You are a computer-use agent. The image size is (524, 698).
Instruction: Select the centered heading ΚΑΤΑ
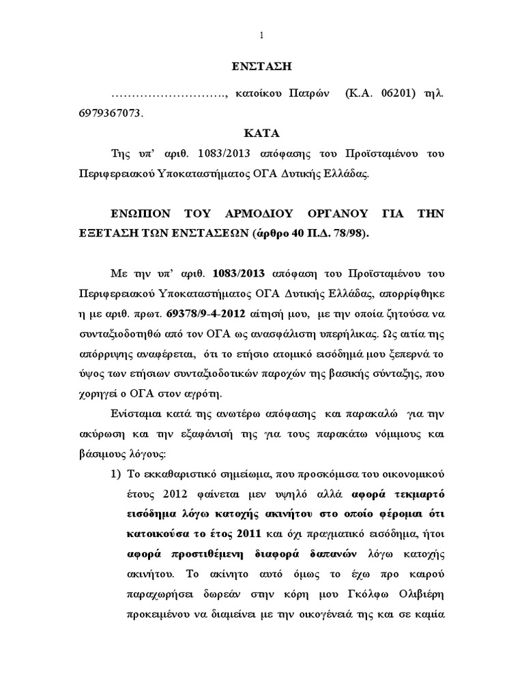tap(263, 133)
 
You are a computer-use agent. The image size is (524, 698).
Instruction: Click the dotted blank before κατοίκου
tap(168, 92)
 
